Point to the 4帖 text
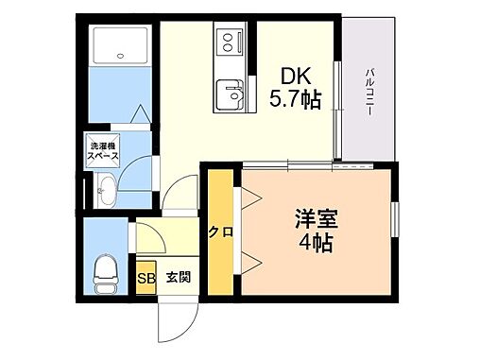point(317,243)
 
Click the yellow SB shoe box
point(146,278)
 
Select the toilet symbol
point(105,270)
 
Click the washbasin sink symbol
point(105,192)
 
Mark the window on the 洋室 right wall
point(397,226)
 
